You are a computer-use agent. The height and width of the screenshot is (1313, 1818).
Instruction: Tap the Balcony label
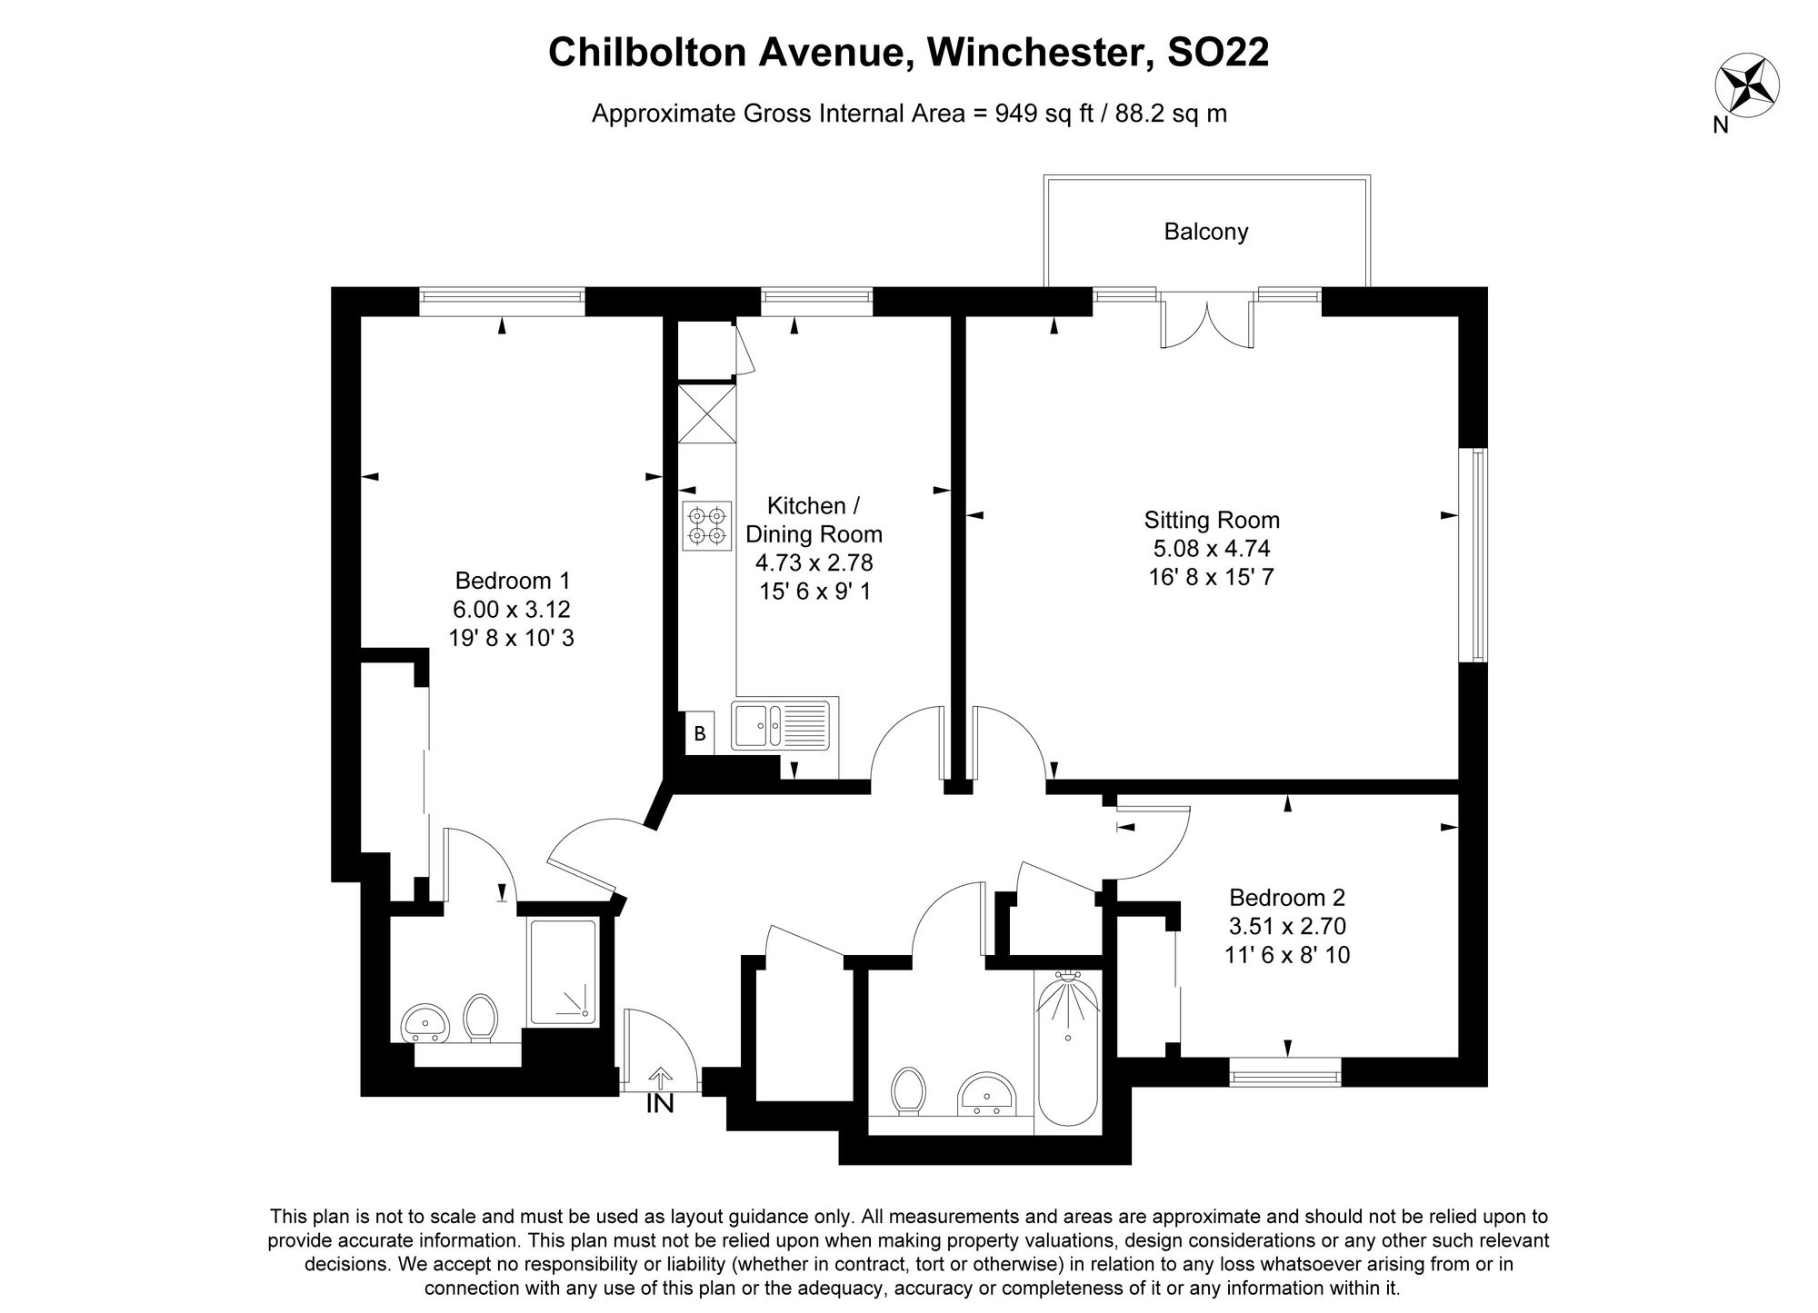click(1205, 232)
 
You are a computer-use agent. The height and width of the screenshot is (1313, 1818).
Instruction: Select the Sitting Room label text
click(1211, 521)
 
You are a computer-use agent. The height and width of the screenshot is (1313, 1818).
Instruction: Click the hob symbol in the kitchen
click(706, 526)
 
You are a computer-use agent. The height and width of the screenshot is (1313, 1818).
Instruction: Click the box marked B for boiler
click(700, 733)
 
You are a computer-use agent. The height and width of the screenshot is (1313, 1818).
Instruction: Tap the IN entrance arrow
click(660, 1080)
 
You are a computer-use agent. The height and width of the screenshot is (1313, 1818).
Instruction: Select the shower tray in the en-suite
click(564, 972)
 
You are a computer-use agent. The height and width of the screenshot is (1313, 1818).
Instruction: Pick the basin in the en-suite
click(425, 1023)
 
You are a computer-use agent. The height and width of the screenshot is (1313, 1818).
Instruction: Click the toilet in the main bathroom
click(908, 1090)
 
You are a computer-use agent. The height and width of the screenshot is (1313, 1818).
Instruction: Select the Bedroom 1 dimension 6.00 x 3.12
click(512, 609)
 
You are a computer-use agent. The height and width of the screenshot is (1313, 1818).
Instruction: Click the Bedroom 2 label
click(1286, 898)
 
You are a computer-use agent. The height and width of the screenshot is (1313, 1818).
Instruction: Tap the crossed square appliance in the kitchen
click(706, 413)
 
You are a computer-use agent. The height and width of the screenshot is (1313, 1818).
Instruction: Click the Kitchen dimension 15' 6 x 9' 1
click(814, 592)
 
